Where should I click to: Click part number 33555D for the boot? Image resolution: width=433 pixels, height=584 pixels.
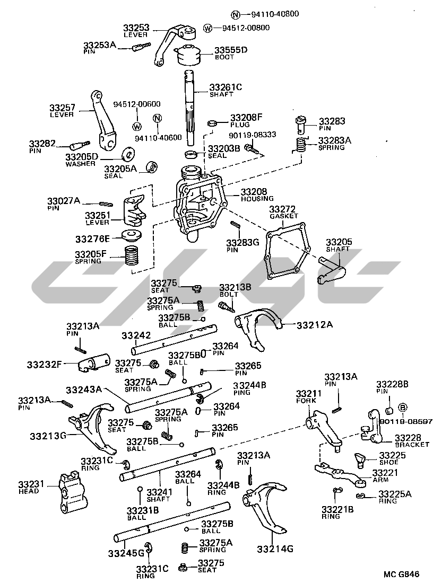point(230,51)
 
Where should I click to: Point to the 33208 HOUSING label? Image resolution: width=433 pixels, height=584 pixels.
point(257,194)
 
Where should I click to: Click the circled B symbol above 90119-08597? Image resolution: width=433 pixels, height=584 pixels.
point(402,408)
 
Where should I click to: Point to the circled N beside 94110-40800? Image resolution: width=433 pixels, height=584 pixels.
point(236,14)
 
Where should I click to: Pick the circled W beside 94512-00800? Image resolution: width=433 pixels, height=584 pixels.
point(207,28)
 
